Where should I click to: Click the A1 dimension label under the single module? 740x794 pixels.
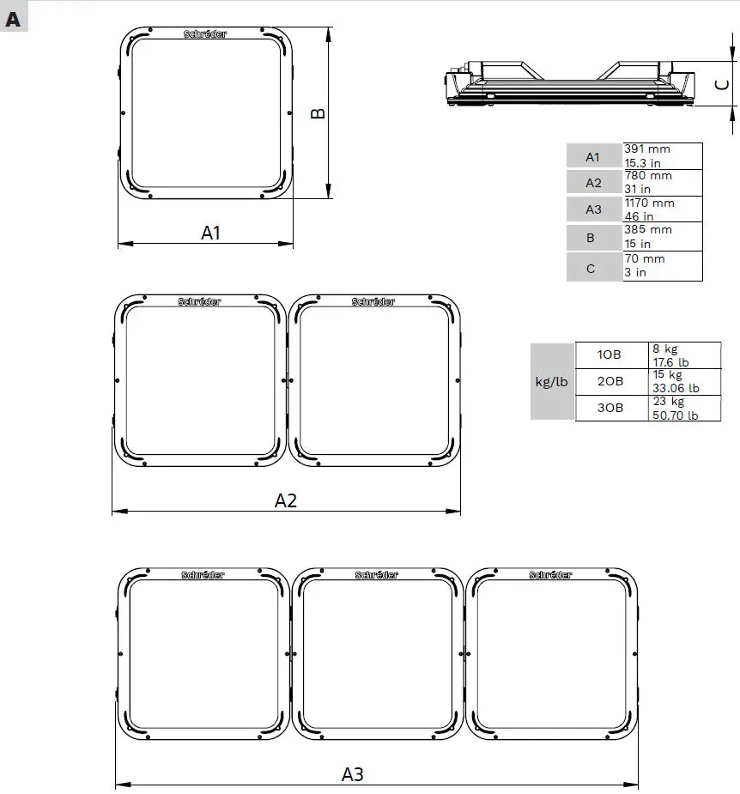(x=211, y=232)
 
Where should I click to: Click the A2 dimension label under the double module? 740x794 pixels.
(x=286, y=500)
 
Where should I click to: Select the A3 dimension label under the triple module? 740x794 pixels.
(x=353, y=773)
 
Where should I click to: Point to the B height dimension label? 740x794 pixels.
(x=318, y=113)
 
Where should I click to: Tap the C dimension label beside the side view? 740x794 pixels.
(x=723, y=84)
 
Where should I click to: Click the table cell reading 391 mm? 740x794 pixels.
(x=662, y=155)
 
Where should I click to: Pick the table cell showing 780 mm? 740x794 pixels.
(x=662, y=182)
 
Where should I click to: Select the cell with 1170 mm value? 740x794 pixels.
(x=662, y=209)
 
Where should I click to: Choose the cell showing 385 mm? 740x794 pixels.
(x=662, y=237)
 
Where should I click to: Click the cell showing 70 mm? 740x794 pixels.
(x=662, y=265)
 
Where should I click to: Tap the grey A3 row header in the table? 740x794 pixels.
(x=593, y=209)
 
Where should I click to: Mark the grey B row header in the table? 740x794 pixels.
(x=591, y=237)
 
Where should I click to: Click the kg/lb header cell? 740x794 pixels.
(x=551, y=382)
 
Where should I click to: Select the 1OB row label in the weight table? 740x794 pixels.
(x=610, y=355)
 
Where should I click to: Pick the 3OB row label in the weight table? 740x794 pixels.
(x=610, y=408)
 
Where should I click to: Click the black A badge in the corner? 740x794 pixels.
(x=14, y=19)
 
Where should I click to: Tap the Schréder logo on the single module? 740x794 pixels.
(x=205, y=34)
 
